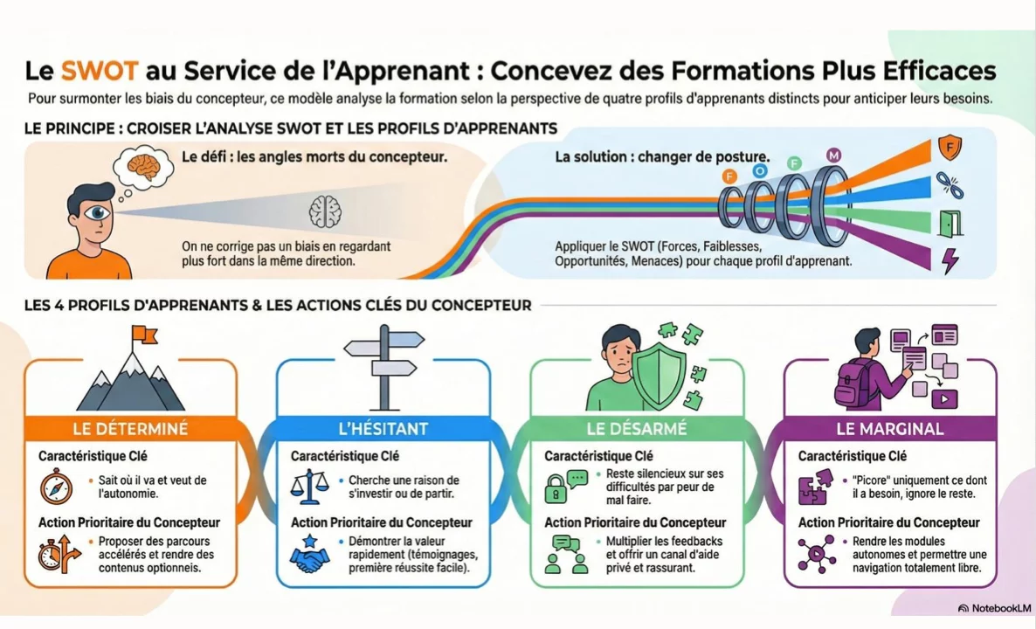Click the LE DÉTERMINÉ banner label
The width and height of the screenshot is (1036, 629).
point(130,429)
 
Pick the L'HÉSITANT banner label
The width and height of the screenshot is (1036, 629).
point(383,429)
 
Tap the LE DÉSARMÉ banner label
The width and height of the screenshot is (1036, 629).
point(636,429)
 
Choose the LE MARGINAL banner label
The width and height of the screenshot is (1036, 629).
point(889,429)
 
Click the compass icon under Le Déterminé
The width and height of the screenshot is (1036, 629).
point(54,487)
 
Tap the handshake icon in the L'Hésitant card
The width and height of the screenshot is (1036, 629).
point(309,556)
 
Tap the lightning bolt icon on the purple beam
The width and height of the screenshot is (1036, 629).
point(949,260)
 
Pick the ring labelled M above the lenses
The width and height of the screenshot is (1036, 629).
point(833,156)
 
